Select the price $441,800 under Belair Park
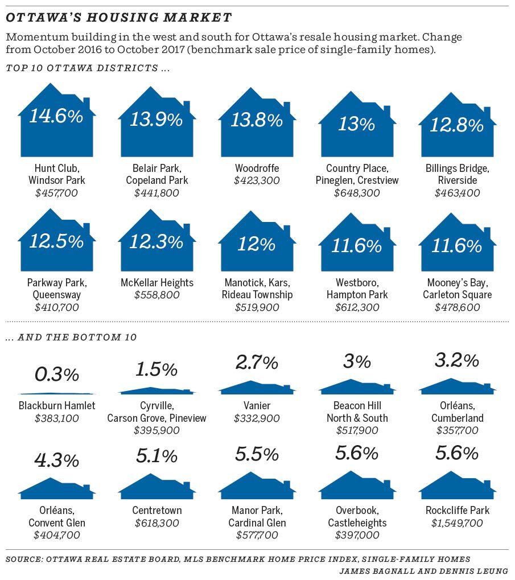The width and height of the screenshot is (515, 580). (156, 193)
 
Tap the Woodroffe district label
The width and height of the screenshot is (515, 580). (257, 168)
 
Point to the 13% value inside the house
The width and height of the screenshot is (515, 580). (356, 124)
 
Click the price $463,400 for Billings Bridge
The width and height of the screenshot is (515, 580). (457, 193)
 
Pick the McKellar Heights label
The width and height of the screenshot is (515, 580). (156, 283)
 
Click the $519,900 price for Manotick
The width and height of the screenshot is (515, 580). (257, 307)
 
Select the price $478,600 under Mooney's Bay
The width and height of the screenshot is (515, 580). (457, 307)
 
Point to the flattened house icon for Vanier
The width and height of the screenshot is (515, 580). (257, 388)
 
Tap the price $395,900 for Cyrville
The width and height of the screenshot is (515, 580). (156, 430)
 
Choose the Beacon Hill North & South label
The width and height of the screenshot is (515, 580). (357, 412)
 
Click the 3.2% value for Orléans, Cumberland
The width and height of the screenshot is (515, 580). (457, 361)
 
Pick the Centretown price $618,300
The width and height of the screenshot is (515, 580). (156, 523)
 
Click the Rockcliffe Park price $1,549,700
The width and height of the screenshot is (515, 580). (457, 523)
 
